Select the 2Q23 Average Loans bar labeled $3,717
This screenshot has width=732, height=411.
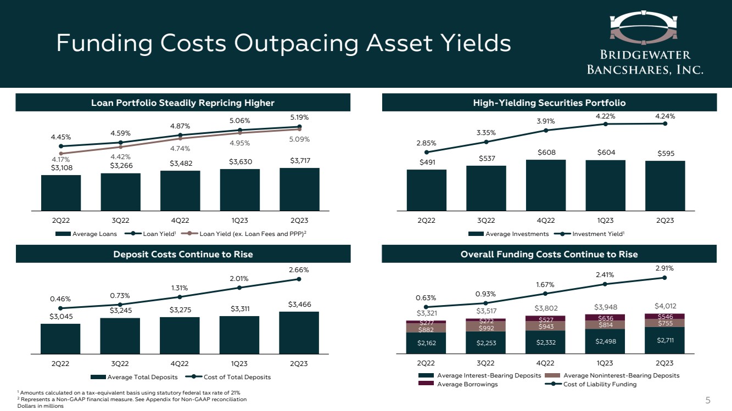(299, 189)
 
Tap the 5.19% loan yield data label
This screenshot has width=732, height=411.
(299, 117)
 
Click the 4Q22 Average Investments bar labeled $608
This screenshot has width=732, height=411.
(546, 185)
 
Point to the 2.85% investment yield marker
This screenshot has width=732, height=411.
(427, 152)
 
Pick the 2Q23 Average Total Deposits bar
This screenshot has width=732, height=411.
(299, 333)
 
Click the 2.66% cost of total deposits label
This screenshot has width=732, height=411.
(299, 270)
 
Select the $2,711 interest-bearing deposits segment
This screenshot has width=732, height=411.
(665, 340)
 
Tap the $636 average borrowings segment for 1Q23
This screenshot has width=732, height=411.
(605, 317)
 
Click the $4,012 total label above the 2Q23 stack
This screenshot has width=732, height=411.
(665, 306)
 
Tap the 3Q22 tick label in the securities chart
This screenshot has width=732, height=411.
(486, 221)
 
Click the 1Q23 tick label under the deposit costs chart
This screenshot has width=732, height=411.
(239, 363)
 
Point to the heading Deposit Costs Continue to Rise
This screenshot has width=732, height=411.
(183, 254)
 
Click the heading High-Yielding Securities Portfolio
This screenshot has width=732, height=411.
(549, 103)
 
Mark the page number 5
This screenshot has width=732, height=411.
(708, 399)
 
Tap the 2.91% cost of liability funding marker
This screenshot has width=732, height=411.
(665, 278)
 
